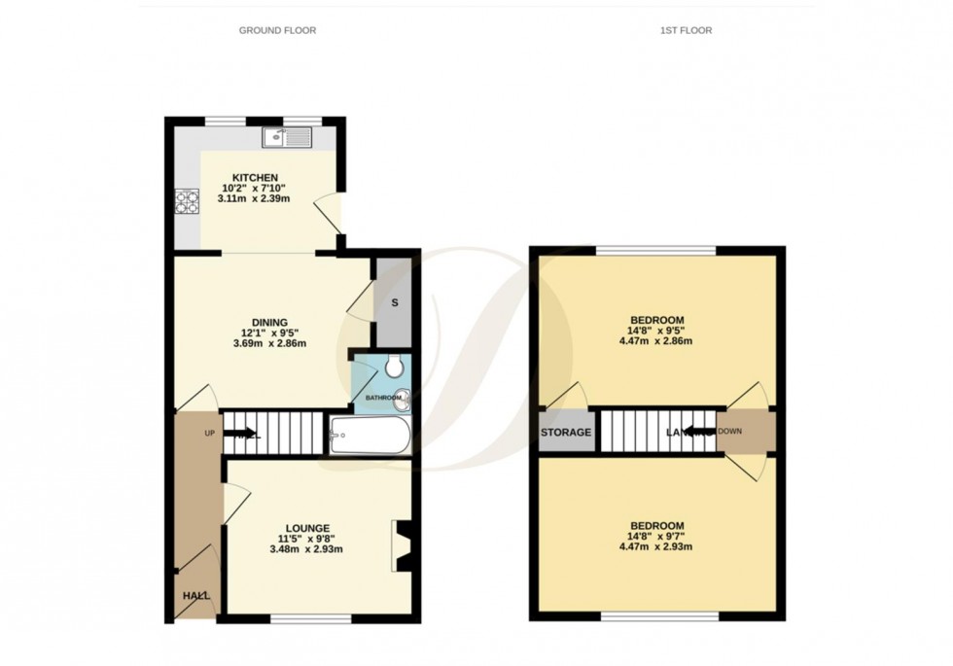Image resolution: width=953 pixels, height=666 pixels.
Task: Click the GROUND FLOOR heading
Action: coord(277,30)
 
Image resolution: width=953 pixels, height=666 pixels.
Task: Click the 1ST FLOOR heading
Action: coord(686,30)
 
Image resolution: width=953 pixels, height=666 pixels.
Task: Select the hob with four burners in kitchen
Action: coord(186,201)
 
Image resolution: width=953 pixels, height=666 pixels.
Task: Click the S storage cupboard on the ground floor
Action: coord(394,302)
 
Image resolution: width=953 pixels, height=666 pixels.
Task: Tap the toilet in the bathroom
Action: coord(394,367)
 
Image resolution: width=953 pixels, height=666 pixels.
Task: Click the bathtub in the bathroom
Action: coord(370,436)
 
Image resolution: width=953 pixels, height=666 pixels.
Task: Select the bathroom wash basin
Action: coord(403,397)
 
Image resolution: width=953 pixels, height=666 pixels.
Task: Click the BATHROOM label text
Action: coord(383,398)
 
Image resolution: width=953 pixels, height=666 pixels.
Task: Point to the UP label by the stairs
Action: coord(209,433)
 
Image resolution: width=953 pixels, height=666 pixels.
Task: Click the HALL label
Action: coord(195,596)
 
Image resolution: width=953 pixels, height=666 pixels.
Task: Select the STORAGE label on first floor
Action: coord(566,433)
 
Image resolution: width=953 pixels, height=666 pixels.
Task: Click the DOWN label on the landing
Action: coord(730,433)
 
